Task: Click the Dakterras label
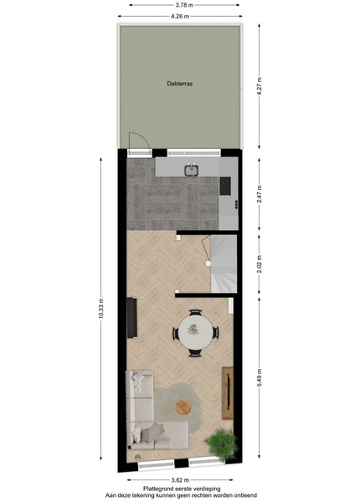click(x=180, y=84)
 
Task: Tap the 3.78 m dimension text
click(x=184, y=5)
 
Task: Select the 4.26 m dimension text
click(x=180, y=16)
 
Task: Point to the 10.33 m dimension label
click(x=101, y=309)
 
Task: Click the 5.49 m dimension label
click(x=260, y=378)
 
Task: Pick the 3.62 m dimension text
click(x=180, y=480)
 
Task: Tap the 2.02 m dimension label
click(x=260, y=264)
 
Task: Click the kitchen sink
click(x=192, y=170)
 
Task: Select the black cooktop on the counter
click(x=225, y=186)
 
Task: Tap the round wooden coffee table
click(x=183, y=407)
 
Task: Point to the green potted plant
click(x=222, y=444)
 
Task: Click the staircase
click(x=224, y=264)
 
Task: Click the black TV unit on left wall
click(x=132, y=318)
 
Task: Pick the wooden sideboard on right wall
click(x=228, y=393)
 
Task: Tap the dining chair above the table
click(x=195, y=312)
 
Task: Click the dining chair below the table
click(x=195, y=353)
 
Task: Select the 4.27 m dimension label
click(x=260, y=86)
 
